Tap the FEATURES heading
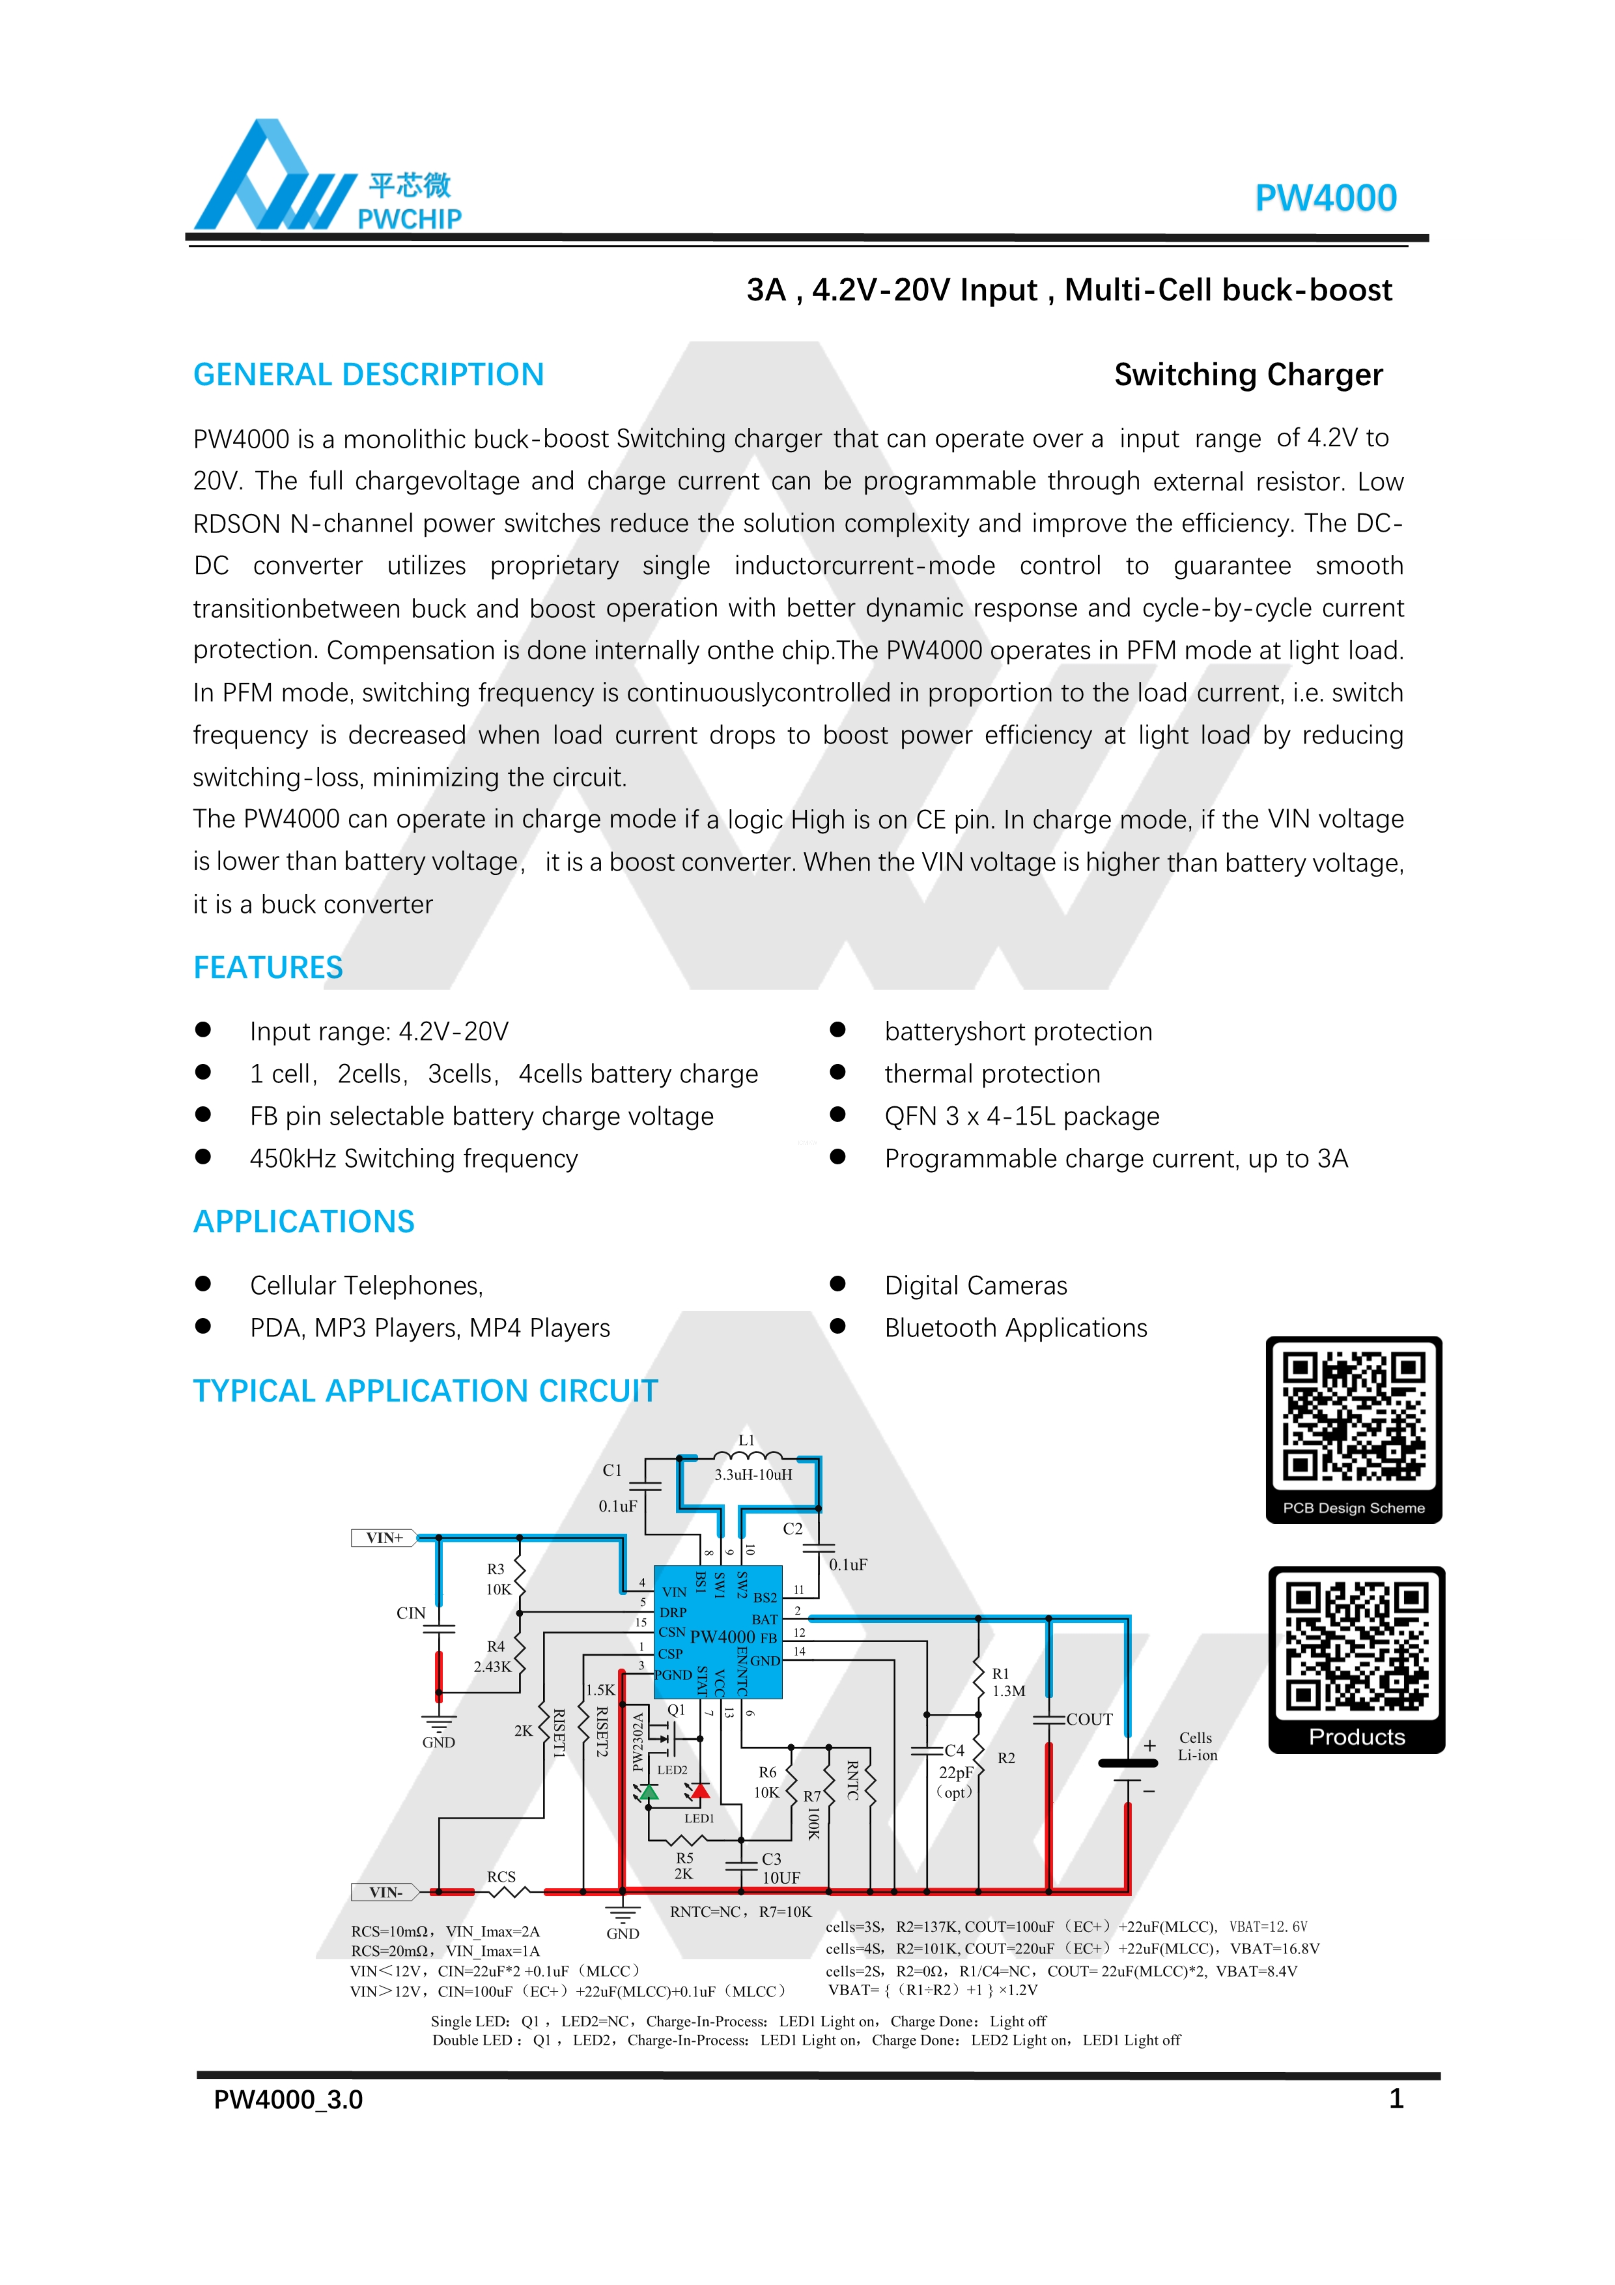[x=268, y=967]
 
